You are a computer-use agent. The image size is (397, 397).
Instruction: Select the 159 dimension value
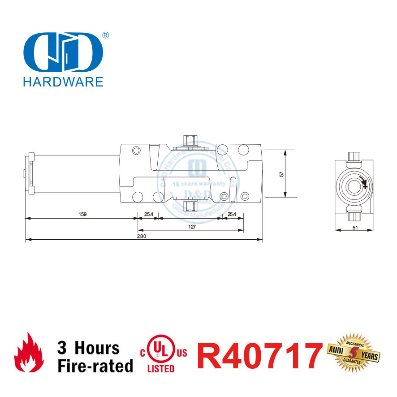tap(82, 214)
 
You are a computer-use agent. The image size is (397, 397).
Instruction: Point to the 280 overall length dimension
tap(142, 236)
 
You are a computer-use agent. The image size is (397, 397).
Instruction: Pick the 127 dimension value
tap(192, 226)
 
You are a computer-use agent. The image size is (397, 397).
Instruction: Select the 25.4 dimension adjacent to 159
tap(148, 214)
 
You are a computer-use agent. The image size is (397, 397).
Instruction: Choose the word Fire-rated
tap(95, 366)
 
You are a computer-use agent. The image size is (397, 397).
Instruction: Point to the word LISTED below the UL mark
tap(161, 369)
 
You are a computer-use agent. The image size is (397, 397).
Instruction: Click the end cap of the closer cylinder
tap(30, 173)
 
